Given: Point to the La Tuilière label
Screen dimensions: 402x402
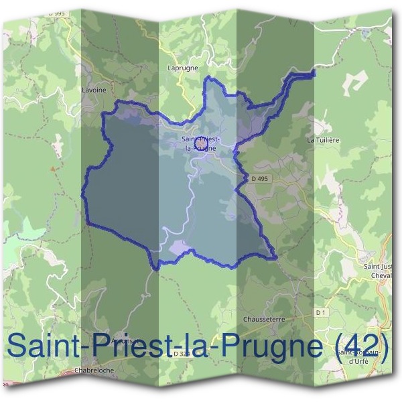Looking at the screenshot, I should click(323, 140).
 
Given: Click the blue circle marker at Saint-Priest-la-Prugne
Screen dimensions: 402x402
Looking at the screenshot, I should click(200, 142).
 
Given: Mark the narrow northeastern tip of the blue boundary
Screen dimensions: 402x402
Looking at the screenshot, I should click(312, 73).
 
